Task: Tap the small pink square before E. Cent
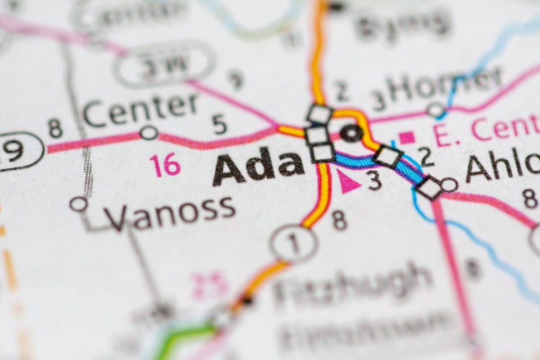pos(407,138)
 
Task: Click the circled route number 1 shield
pos(294,244)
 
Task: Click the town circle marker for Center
pos(149,132)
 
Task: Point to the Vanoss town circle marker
pos(79,203)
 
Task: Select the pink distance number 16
pos(165,164)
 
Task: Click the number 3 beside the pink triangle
pos(374,181)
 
